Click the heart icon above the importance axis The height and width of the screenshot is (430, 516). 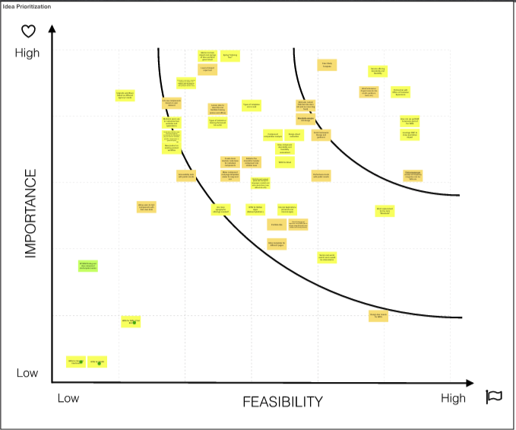[x=28, y=31]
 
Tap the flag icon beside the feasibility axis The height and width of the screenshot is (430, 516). [x=494, y=397]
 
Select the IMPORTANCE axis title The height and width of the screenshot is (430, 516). [x=31, y=214]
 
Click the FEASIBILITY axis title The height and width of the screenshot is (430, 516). [x=283, y=402]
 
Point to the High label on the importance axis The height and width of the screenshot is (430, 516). [x=26, y=53]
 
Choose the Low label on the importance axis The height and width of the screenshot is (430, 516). [x=27, y=373]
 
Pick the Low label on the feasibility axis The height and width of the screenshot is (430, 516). [x=68, y=398]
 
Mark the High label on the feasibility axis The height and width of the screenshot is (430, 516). [x=453, y=398]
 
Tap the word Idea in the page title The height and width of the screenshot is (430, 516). [x=9, y=6]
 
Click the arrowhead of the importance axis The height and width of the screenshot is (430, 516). [x=52, y=29]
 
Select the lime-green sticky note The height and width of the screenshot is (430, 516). [x=88, y=266]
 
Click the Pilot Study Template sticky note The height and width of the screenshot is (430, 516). [x=327, y=65]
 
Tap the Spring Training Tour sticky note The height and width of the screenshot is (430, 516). [x=230, y=56]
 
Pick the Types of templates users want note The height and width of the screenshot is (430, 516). [x=252, y=106]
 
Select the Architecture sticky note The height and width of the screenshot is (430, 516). [x=277, y=224]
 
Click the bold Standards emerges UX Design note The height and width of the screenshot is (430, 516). [x=306, y=120]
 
